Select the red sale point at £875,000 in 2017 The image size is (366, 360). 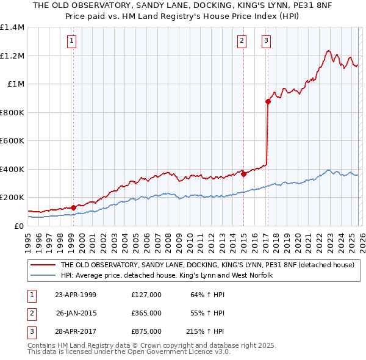click(267, 102)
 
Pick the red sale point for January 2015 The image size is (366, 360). click(243, 174)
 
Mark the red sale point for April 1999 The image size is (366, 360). click(74, 207)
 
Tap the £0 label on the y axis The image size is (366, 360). click(19, 226)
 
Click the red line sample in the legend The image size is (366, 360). click(43, 265)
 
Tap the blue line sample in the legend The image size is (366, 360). click(43, 276)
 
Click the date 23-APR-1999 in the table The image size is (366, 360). click(75, 295)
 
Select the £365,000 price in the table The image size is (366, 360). click(146, 313)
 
